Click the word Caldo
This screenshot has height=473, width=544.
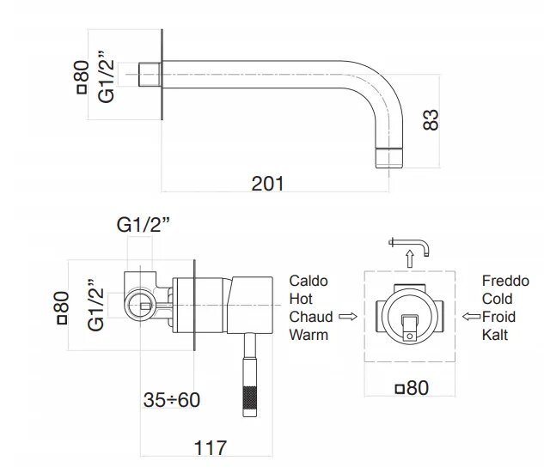[309, 281]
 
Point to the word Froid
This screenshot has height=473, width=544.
[500, 317]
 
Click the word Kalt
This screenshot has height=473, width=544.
[495, 335]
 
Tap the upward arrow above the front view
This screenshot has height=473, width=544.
[409, 257]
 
